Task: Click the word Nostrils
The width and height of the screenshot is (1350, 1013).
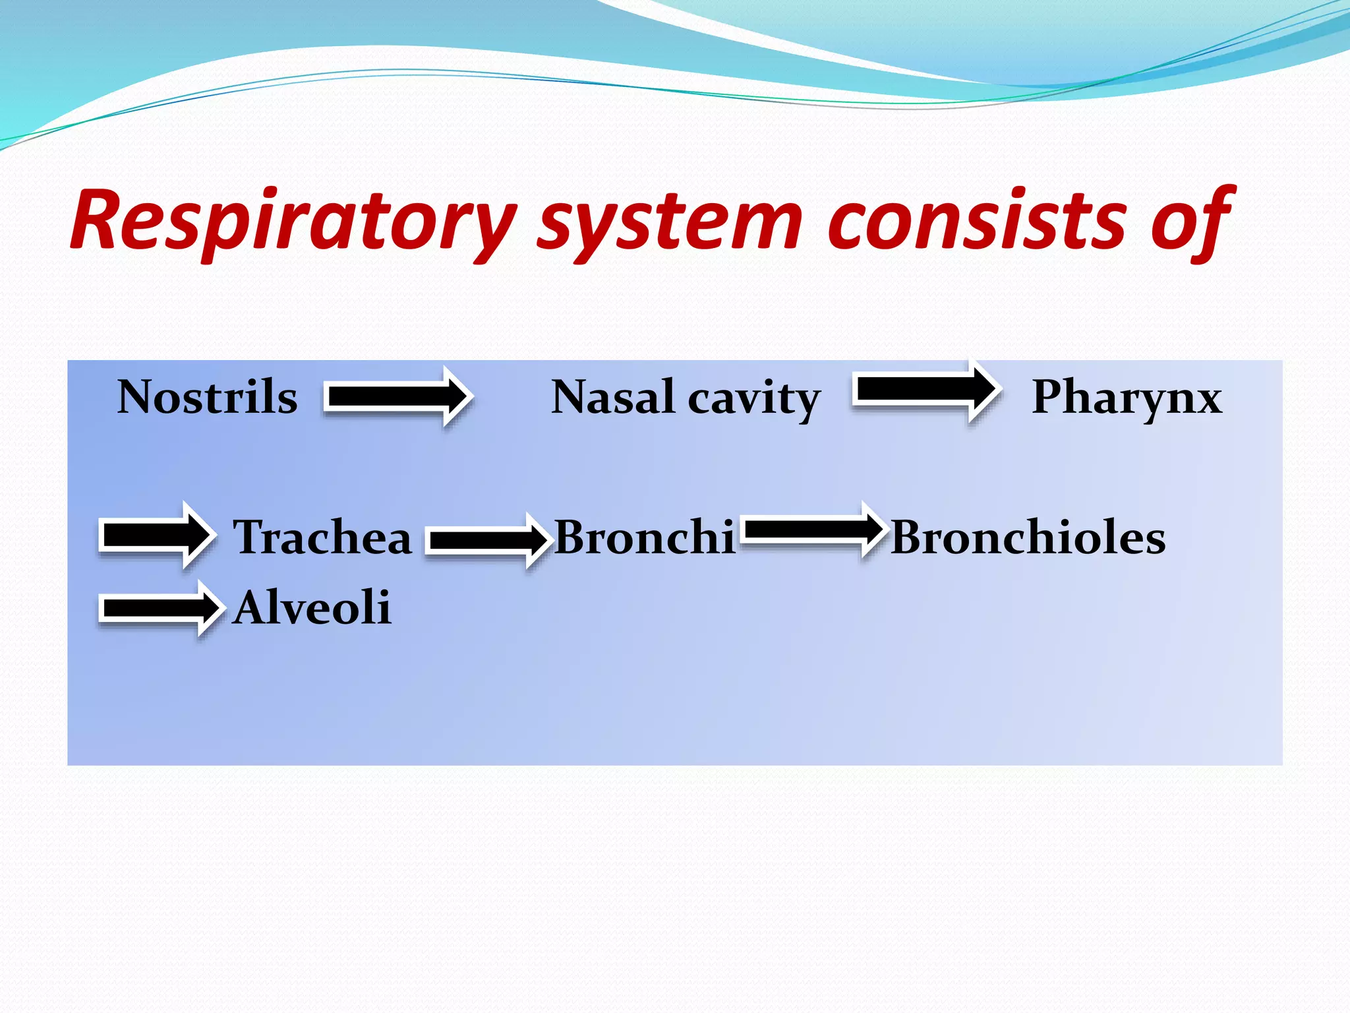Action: (x=207, y=398)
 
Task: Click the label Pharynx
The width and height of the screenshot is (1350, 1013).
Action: (x=1127, y=398)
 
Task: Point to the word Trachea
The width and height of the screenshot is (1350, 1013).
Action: (x=322, y=537)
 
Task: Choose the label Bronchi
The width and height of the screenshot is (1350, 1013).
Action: (x=644, y=537)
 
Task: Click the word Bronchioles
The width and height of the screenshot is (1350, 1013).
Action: (x=1028, y=537)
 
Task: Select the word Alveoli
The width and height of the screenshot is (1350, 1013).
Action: (x=312, y=607)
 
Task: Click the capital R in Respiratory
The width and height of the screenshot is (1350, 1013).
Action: (x=99, y=220)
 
